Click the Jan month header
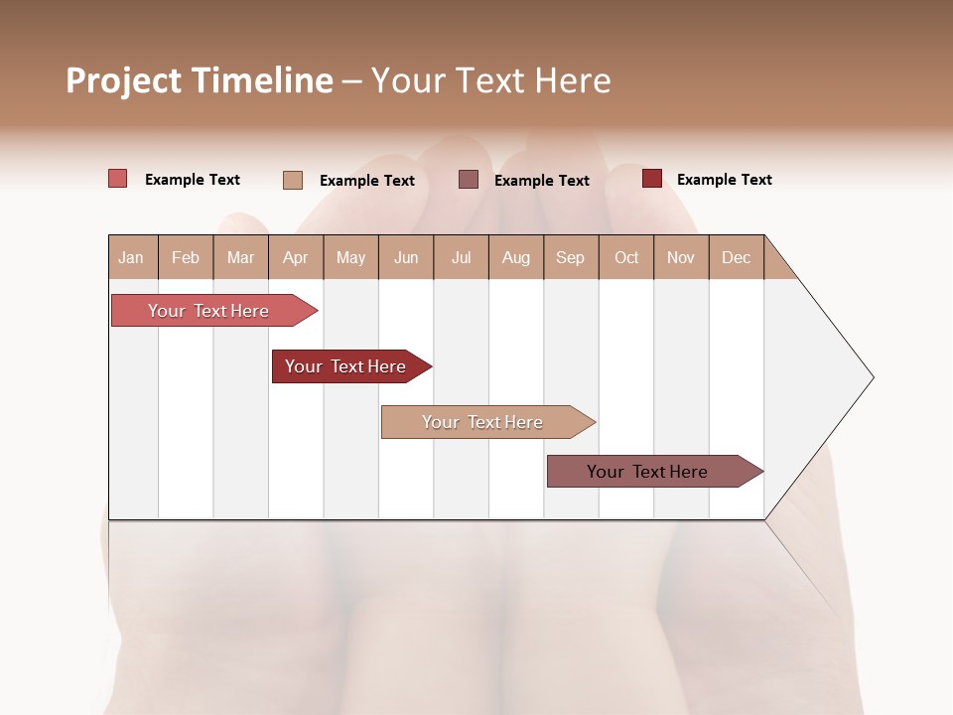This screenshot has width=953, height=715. pyautogui.click(x=131, y=257)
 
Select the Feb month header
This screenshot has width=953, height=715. pyautogui.click(x=186, y=257)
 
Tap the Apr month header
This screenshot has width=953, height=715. pyautogui.click(x=295, y=257)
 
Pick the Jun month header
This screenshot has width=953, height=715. pyautogui.click(x=406, y=257)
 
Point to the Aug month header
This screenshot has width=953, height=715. pyautogui.click(x=516, y=257)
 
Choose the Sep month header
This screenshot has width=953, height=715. pyautogui.click(x=570, y=257)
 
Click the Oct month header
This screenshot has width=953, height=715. pyautogui.click(x=626, y=257)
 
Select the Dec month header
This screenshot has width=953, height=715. pyautogui.click(x=736, y=257)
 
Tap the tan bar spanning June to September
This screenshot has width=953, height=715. pyautogui.click(x=483, y=422)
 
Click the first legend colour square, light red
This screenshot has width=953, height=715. pyautogui.click(x=118, y=179)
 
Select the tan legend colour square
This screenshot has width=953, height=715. pyautogui.click(x=293, y=180)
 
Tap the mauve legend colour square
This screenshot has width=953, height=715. pyautogui.click(x=469, y=180)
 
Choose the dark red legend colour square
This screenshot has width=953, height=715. pyautogui.click(x=651, y=179)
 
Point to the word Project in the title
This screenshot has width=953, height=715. pyautogui.click(x=123, y=80)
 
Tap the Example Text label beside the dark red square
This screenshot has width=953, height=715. pyautogui.click(x=724, y=180)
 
